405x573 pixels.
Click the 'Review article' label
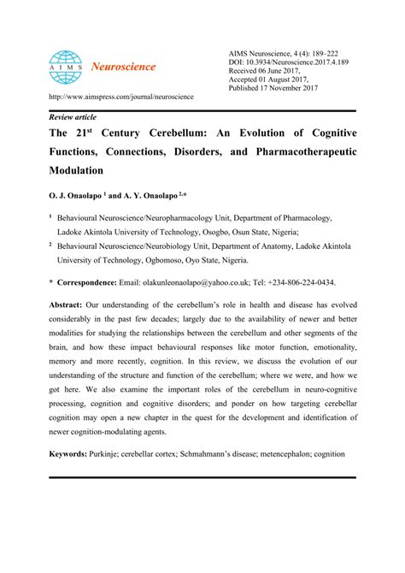click(73, 116)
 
